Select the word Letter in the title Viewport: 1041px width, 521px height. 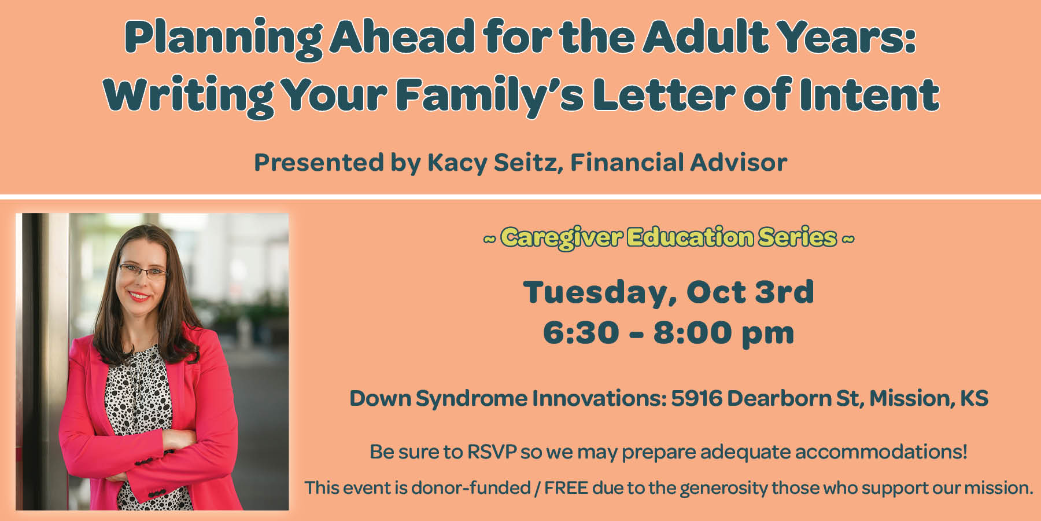pos(664,94)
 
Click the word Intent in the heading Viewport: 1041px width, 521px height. pos(869,94)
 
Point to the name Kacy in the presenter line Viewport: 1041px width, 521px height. pos(457,163)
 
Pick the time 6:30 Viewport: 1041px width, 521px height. pos(581,332)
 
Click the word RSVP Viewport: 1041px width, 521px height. pos(492,452)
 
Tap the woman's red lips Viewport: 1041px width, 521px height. pos(139,296)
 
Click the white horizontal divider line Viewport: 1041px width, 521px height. pos(520,197)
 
